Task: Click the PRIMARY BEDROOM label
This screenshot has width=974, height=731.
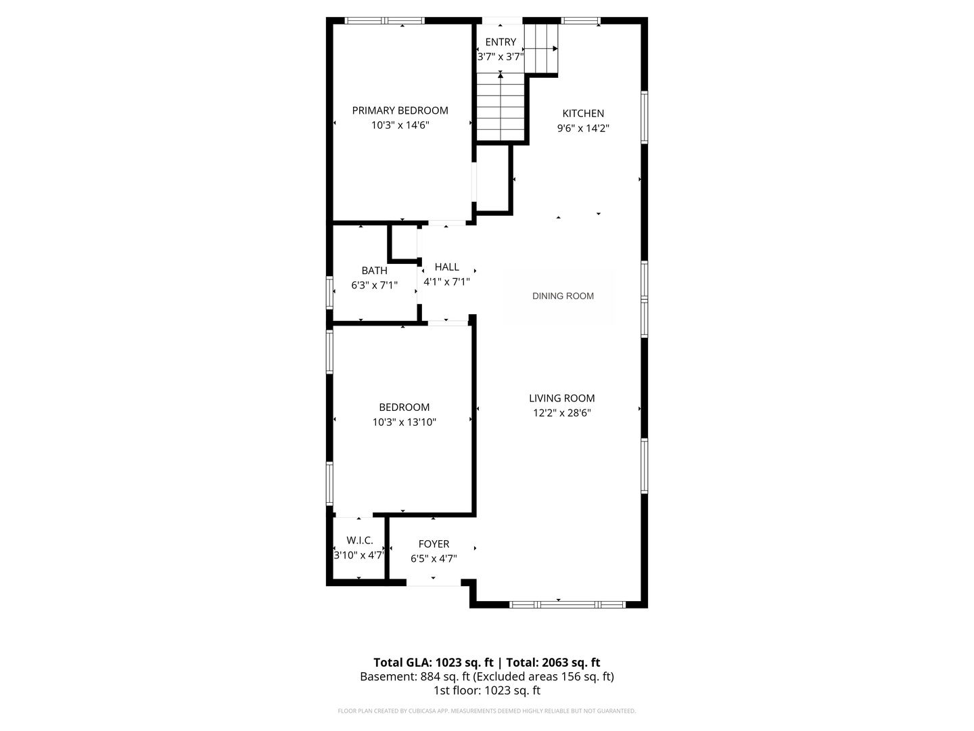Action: click(x=400, y=110)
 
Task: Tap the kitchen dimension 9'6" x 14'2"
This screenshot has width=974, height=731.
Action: click(x=583, y=128)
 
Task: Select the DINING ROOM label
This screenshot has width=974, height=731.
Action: click(x=563, y=296)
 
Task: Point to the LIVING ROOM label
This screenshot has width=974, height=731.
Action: click(x=561, y=399)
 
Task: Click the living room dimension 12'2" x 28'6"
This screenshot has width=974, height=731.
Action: click(x=561, y=413)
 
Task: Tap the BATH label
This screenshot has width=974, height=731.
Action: click(x=374, y=271)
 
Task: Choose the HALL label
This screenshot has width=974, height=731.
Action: click(x=446, y=267)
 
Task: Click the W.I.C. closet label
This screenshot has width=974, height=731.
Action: click(x=359, y=540)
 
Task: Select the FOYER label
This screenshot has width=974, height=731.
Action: click(x=434, y=544)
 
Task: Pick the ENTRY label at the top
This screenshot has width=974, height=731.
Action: click(x=501, y=42)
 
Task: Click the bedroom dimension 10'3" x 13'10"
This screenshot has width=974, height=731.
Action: click(x=404, y=422)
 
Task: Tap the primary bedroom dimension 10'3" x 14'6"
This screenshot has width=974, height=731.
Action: click(x=400, y=125)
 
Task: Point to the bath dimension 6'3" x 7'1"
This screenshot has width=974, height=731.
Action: click(x=374, y=286)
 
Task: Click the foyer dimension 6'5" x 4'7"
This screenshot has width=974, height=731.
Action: click(x=434, y=559)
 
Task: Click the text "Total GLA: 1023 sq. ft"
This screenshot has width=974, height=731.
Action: click(x=434, y=663)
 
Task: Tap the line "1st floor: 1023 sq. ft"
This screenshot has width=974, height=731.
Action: click(x=486, y=691)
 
